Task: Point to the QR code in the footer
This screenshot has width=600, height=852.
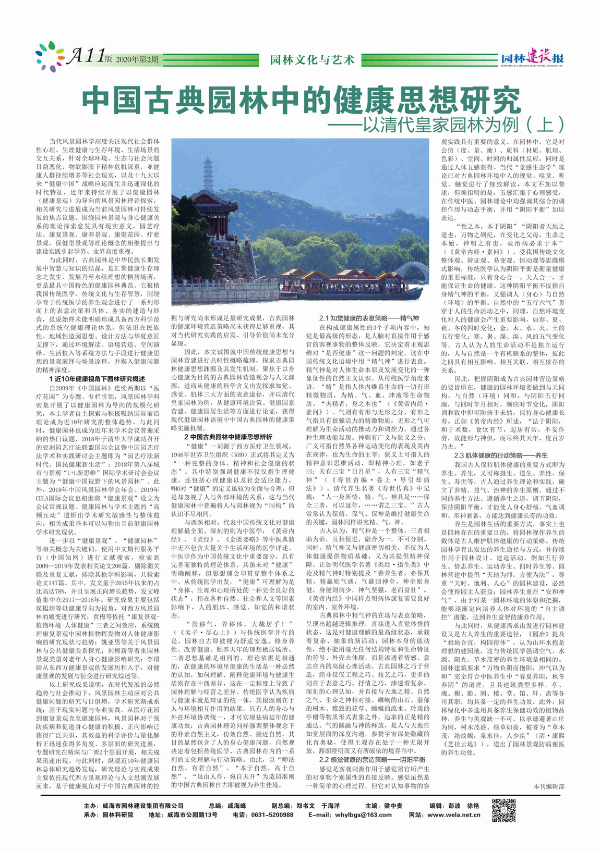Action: point(504,810)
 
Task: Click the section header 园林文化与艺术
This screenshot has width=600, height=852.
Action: point(312,59)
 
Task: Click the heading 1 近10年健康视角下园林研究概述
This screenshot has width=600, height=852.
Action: point(97,379)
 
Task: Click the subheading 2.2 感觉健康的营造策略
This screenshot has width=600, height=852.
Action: point(372,760)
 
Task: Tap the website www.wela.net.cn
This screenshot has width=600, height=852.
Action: point(453,814)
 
